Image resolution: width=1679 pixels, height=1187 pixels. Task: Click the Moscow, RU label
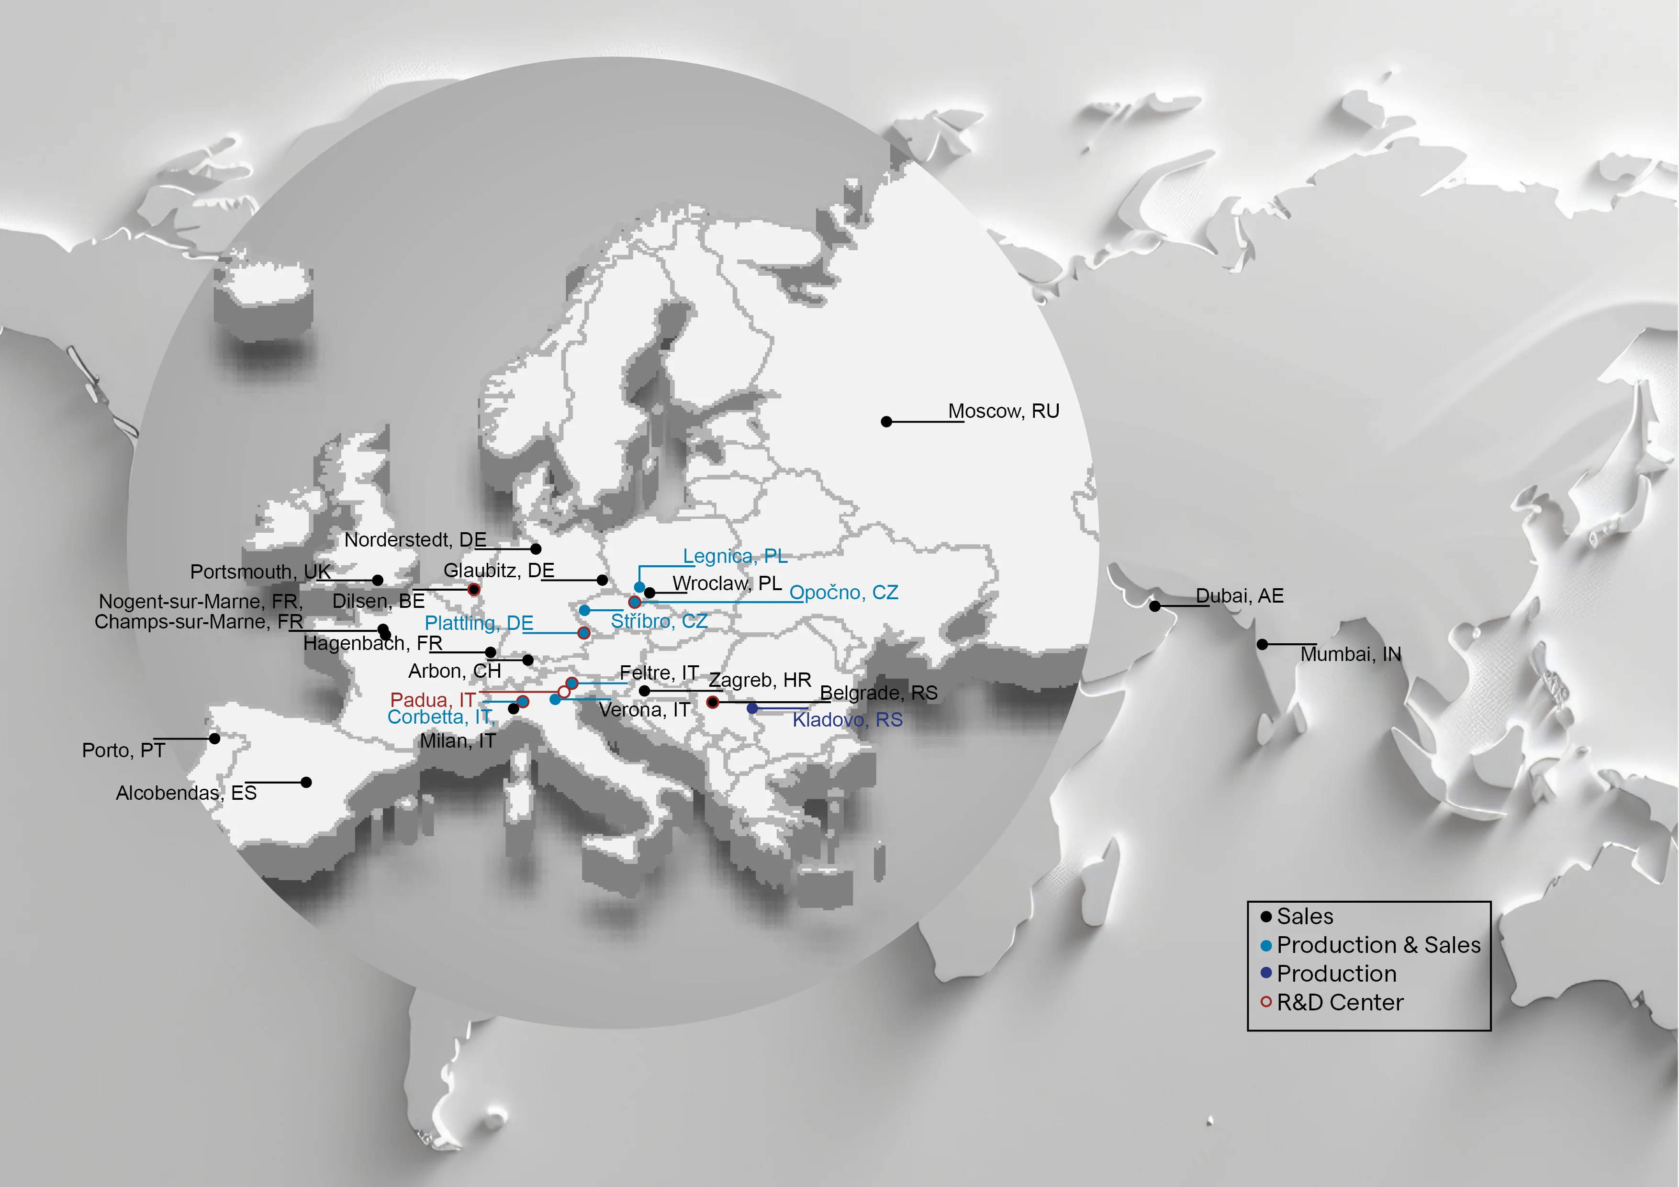1003,411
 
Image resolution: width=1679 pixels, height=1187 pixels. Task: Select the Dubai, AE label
1240,596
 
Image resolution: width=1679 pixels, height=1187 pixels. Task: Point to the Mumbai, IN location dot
1262,644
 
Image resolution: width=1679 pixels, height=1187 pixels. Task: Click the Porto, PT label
123,750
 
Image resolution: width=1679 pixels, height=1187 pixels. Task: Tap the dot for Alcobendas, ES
306,783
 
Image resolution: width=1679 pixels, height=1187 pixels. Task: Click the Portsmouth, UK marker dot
377,580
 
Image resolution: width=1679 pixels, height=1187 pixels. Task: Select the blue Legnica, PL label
735,557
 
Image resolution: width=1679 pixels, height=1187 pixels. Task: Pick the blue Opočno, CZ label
843,593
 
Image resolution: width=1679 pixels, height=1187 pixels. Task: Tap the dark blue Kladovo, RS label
848,720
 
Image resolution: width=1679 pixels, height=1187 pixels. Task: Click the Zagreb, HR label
760,680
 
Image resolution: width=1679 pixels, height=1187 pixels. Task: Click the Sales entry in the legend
1305,917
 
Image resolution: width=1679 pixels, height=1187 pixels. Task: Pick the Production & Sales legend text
1378,945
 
